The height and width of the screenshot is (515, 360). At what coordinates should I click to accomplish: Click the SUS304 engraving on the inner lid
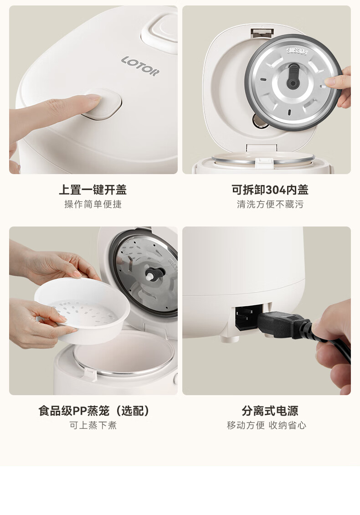click(297, 51)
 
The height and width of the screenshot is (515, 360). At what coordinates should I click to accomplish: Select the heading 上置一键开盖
click(93, 190)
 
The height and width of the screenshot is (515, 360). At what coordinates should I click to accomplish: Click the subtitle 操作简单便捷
click(93, 204)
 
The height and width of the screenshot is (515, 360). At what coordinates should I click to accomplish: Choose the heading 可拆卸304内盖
click(270, 190)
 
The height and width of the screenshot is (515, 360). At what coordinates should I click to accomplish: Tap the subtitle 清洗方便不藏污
click(270, 204)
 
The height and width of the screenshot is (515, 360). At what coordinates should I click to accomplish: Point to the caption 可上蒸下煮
click(93, 425)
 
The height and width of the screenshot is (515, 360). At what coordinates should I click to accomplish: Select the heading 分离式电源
click(270, 411)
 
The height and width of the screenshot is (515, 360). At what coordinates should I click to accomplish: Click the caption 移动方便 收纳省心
click(267, 425)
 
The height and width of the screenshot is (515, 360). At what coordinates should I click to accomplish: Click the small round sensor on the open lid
click(257, 121)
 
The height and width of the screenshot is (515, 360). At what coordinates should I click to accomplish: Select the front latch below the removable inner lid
click(264, 161)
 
